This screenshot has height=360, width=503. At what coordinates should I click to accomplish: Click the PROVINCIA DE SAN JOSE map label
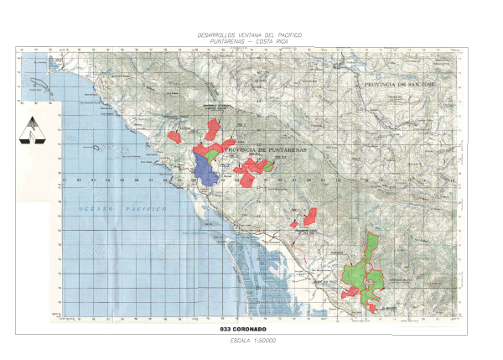tap(401, 85)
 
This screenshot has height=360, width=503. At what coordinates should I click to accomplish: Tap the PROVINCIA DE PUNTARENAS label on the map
tap(265, 149)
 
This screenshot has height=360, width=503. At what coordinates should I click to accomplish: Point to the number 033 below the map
tap(227, 329)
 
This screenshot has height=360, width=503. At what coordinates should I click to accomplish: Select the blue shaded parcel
tap(204, 168)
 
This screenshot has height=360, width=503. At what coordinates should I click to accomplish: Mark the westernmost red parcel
tap(175, 134)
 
